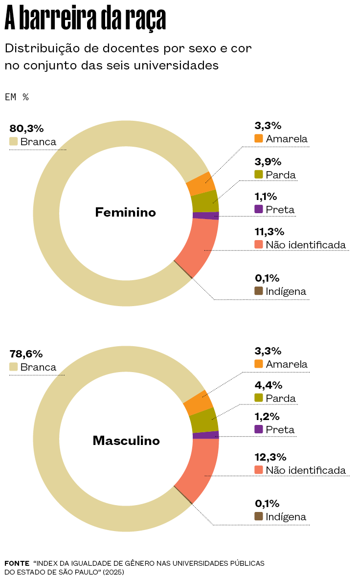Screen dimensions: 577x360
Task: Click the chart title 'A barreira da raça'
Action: (x=85, y=20)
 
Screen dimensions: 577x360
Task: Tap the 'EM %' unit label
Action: (x=17, y=97)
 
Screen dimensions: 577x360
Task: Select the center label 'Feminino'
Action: (x=125, y=213)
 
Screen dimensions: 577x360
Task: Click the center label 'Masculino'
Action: (x=126, y=441)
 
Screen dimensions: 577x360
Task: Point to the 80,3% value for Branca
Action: (x=26, y=129)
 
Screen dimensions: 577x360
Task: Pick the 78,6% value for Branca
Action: (x=26, y=354)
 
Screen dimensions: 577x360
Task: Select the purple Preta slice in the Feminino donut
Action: (x=205, y=216)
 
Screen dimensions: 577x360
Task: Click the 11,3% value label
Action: (x=270, y=232)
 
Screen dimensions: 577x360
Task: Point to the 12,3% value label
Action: (x=270, y=457)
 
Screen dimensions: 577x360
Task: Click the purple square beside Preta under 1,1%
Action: (x=259, y=209)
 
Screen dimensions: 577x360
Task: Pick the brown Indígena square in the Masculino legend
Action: (x=259, y=516)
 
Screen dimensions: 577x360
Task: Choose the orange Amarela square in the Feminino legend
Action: (x=259, y=138)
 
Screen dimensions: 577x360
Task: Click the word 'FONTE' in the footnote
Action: (x=17, y=563)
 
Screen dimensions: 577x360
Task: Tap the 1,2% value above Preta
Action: (x=267, y=417)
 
